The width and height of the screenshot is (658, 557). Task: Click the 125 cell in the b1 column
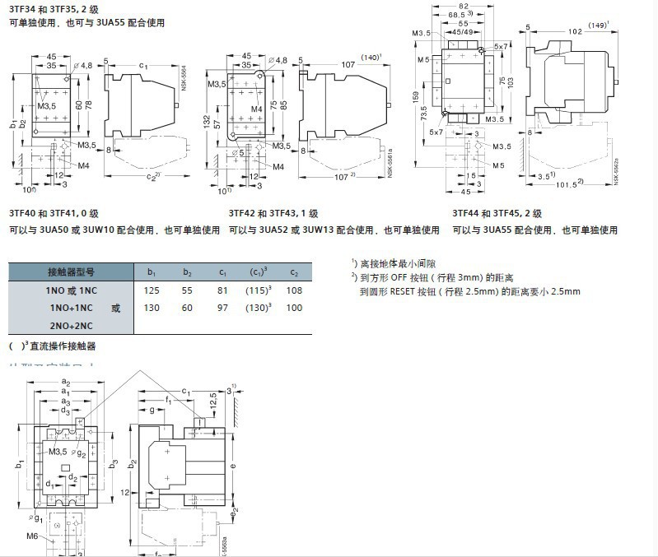tap(152, 291)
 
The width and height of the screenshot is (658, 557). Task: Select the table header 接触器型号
tap(71, 272)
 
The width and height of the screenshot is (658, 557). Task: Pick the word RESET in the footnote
tap(413, 291)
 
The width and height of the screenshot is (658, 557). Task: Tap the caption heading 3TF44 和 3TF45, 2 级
tap(493, 212)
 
